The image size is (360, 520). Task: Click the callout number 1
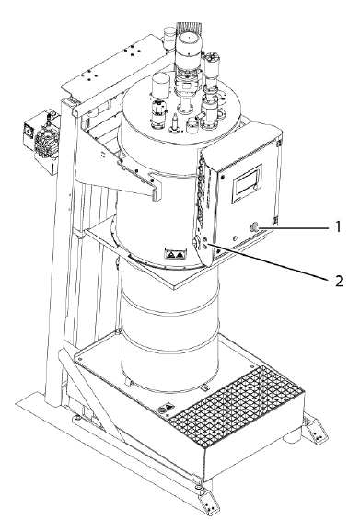click(x=338, y=227)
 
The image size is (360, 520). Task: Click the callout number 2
click(x=338, y=282)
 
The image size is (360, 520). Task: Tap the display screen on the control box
click(x=247, y=183)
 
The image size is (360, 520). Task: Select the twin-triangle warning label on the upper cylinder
click(x=175, y=255)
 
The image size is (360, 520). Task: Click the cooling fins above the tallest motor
click(x=189, y=28)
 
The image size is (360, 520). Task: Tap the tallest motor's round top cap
click(x=189, y=39)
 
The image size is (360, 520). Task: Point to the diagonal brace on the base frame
click(x=93, y=397)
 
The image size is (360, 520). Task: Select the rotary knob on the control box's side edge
click(x=196, y=243)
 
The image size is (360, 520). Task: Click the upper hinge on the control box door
click(x=279, y=144)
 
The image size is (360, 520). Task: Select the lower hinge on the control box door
click(x=274, y=221)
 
